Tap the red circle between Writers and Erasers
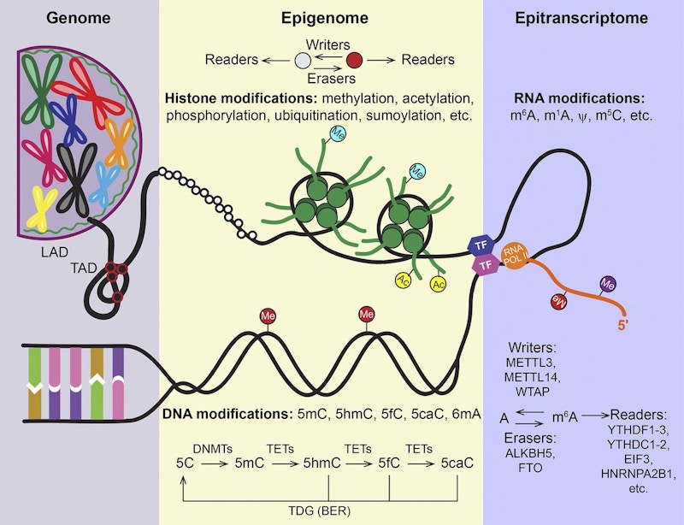tap(354, 60)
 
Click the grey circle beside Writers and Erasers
tap(302, 60)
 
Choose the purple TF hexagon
tap(485, 266)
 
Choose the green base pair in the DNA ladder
tap(34, 378)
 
